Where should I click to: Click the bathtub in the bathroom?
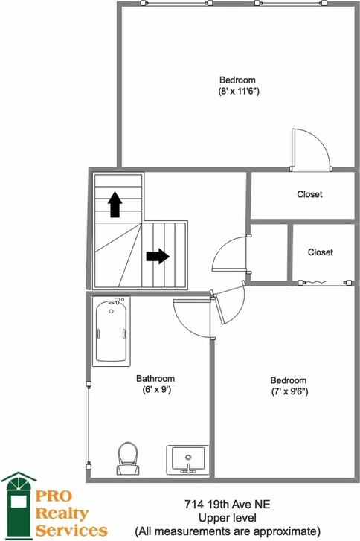tap(112, 330)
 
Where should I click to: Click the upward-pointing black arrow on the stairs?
tap(115, 203)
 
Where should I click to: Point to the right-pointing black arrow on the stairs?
tap(158, 256)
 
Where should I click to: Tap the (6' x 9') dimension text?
tap(155, 389)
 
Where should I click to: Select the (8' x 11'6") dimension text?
tap(238, 92)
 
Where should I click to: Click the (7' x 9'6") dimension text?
tap(289, 390)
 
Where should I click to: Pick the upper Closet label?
tap(309, 194)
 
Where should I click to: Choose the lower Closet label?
tap(321, 252)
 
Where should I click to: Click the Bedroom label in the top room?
tap(238, 80)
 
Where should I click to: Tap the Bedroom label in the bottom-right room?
tap(289, 379)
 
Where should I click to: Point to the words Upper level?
tap(228, 517)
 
